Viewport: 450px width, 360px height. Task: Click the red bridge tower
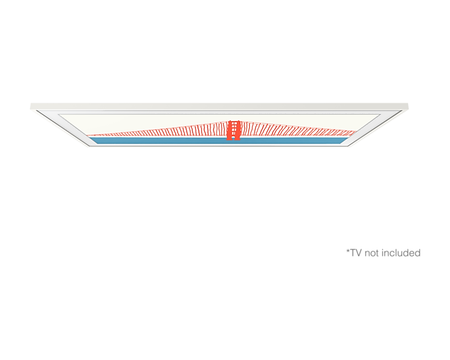(x=233, y=129)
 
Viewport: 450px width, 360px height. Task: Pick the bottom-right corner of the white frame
(x=351, y=147)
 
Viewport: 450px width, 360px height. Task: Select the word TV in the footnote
(x=354, y=252)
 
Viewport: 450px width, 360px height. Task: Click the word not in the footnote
(x=370, y=252)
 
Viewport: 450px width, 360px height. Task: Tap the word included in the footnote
(x=401, y=252)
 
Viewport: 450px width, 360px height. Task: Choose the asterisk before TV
(x=346, y=250)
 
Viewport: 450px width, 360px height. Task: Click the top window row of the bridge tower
(x=233, y=122)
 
